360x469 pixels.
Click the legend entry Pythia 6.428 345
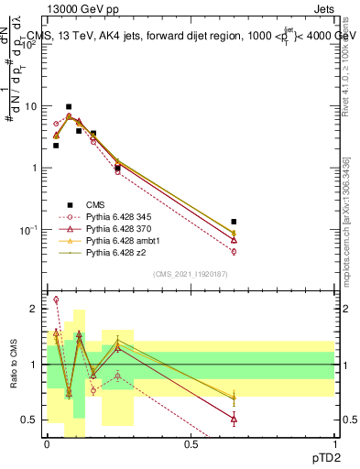tap(117, 217)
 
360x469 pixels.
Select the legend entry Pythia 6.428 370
tap(117, 229)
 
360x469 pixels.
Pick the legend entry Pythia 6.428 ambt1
tap(120, 240)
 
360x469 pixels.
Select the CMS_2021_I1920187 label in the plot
tap(190, 273)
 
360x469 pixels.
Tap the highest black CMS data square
tap(69, 107)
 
